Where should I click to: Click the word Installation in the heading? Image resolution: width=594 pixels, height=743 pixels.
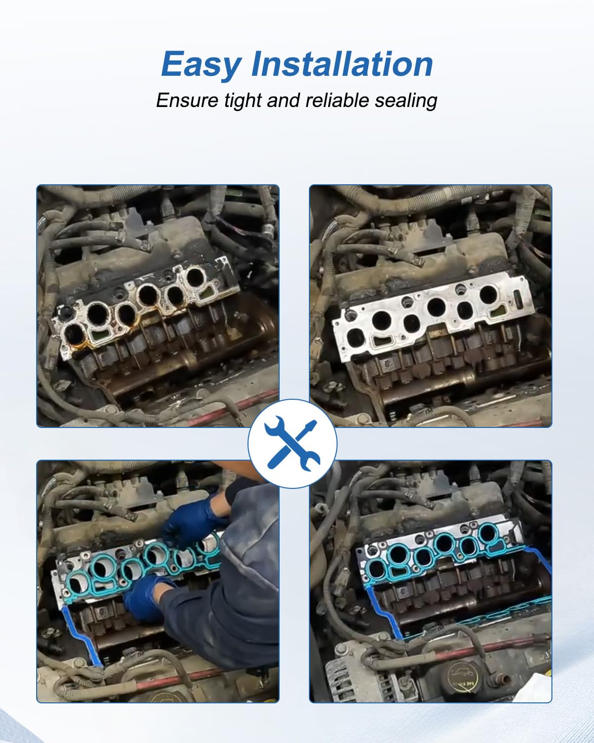point(342,64)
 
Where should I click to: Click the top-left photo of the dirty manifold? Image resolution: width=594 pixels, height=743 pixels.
point(157,306)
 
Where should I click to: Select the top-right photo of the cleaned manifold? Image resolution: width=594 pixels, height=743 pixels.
point(430,306)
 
